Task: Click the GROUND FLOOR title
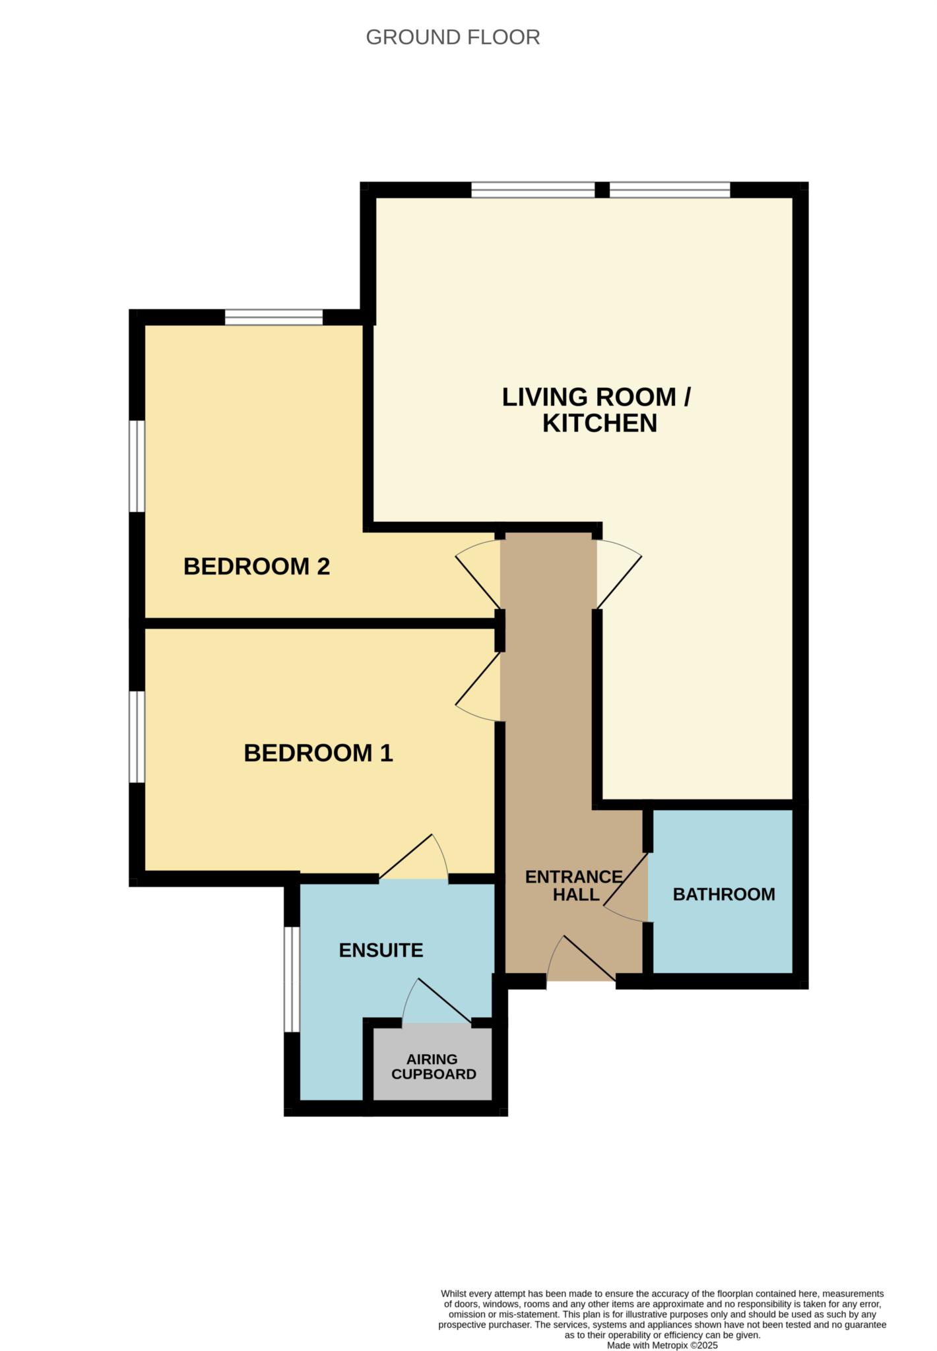[x=453, y=37]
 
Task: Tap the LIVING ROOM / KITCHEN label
[x=597, y=410]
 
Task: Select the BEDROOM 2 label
[x=257, y=566]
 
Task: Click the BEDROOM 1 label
[x=319, y=753]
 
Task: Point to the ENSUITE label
[x=381, y=950]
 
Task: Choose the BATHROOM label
[x=724, y=894]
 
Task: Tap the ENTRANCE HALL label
[x=574, y=885]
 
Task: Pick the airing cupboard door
[x=437, y=1001]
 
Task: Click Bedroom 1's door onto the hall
[x=478, y=687]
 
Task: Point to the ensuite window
[x=292, y=980]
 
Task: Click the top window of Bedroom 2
[x=274, y=317]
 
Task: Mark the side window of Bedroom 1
[x=137, y=736]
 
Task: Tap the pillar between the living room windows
[x=602, y=190]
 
